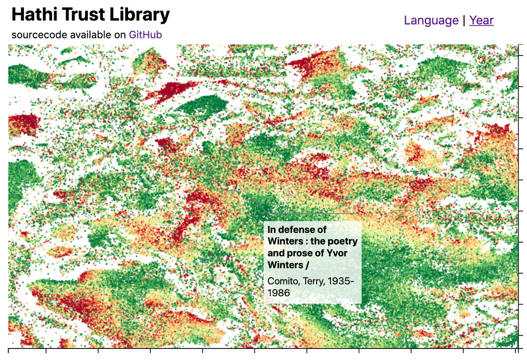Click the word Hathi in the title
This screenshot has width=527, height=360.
click(33, 15)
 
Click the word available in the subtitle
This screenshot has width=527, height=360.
click(90, 35)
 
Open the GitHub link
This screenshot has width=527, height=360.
click(145, 35)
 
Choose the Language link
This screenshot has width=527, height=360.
click(431, 20)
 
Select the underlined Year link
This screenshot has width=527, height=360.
click(481, 20)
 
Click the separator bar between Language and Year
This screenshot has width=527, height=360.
click(464, 20)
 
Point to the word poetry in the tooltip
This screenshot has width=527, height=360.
click(343, 241)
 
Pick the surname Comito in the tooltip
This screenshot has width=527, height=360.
click(283, 281)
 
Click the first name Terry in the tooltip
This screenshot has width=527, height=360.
click(314, 281)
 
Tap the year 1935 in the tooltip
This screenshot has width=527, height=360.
click(341, 281)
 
